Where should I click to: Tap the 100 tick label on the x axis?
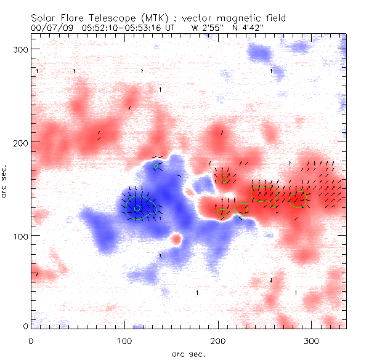(x=124, y=340)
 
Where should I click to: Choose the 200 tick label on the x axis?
(x=218, y=340)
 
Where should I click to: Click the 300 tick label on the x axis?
(x=311, y=340)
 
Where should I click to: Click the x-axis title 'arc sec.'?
(x=188, y=353)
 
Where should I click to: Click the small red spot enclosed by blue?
(x=177, y=239)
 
